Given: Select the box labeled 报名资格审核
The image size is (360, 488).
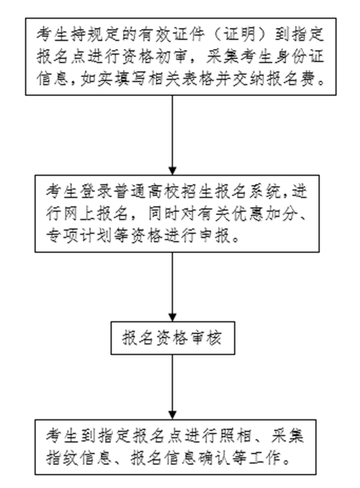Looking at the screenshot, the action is (173, 338).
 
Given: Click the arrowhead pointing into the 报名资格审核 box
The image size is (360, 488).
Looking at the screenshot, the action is (172, 317).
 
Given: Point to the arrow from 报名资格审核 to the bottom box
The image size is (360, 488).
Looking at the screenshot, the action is (172, 387).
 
